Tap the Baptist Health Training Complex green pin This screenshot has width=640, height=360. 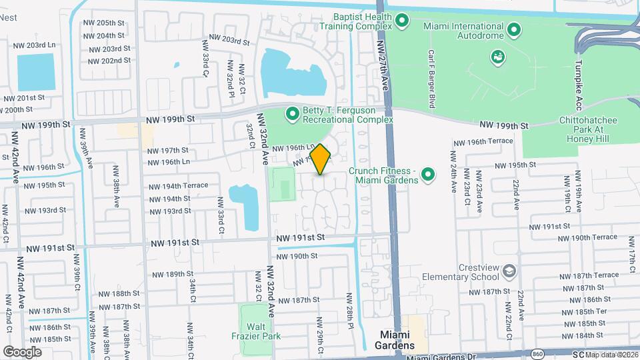click(x=402, y=21)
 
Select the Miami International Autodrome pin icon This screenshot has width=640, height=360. click(x=514, y=30)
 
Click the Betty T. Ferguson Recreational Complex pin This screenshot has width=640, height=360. click(x=291, y=115)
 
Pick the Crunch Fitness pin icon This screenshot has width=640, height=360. click(x=429, y=175)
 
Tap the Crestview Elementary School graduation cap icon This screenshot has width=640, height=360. click(x=509, y=271)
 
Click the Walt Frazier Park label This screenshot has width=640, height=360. click(x=252, y=331)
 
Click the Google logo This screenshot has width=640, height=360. click(x=22, y=351)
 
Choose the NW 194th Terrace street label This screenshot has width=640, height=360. click(x=178, y=185)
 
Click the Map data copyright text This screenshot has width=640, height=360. click(x=611, y=354)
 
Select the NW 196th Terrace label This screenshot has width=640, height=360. click(x=483, y=141)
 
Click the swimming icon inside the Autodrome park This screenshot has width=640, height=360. click(x=497, y=56)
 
